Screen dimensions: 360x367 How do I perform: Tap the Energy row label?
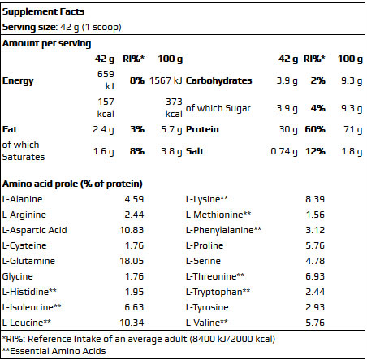click(x=19, y=81)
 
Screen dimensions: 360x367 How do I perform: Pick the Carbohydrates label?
click(x=219, y=81)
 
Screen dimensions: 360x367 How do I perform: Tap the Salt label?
click(x=195, y=151)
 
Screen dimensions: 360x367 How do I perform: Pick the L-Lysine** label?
click(x=207, y=199)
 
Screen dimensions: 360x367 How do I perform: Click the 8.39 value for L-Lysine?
click(x=313, y=199)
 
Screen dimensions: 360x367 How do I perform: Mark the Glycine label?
click(x=18, y=276)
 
